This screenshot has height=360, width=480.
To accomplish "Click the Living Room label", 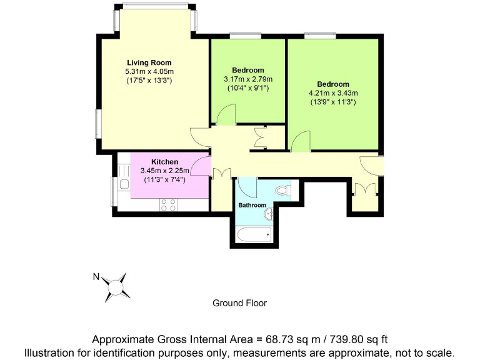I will pos(149,62).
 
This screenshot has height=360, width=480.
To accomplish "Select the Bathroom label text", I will pos(252,205).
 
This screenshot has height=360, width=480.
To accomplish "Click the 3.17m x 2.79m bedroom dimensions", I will pos(248,79).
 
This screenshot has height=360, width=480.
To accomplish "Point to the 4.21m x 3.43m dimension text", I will pos(332,93).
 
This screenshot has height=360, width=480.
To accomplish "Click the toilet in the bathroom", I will pos(282,189).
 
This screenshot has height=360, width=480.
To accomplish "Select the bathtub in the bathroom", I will pos(252,236).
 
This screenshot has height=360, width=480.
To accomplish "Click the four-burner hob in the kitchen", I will pos(168,204).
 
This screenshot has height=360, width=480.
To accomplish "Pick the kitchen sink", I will pos(124,186).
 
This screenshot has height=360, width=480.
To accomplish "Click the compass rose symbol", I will pos(116,286).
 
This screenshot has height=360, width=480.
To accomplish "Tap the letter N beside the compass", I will pos(96,276).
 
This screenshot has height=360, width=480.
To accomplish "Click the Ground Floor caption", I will pos(239,303).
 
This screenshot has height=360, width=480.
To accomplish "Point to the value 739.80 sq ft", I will pos(359,339).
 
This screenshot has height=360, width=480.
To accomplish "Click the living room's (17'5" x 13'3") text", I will pos(149,81).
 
